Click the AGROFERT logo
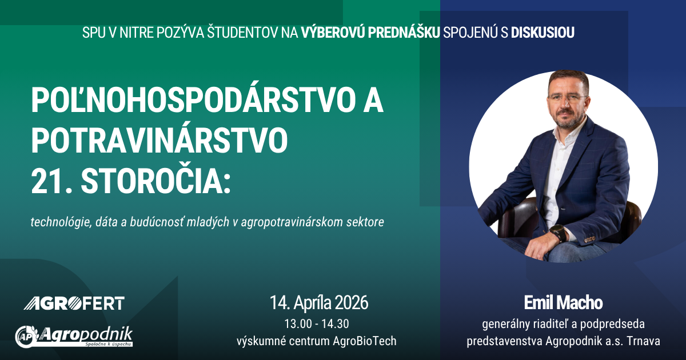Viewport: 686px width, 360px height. tap(74, 303)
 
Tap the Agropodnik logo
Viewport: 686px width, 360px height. tap(74, 337)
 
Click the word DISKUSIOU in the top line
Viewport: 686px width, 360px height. tap(543, 33)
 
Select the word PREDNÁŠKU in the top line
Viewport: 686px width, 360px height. tap(404, 32)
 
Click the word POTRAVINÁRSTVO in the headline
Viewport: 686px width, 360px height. tap(159, 141)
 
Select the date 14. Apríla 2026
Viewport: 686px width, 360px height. tap(319, 302)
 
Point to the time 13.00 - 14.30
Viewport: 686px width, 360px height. tap(317, 324)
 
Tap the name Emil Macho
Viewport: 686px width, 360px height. tap(563, 303)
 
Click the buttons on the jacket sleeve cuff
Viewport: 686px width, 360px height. tap(590, 239)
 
